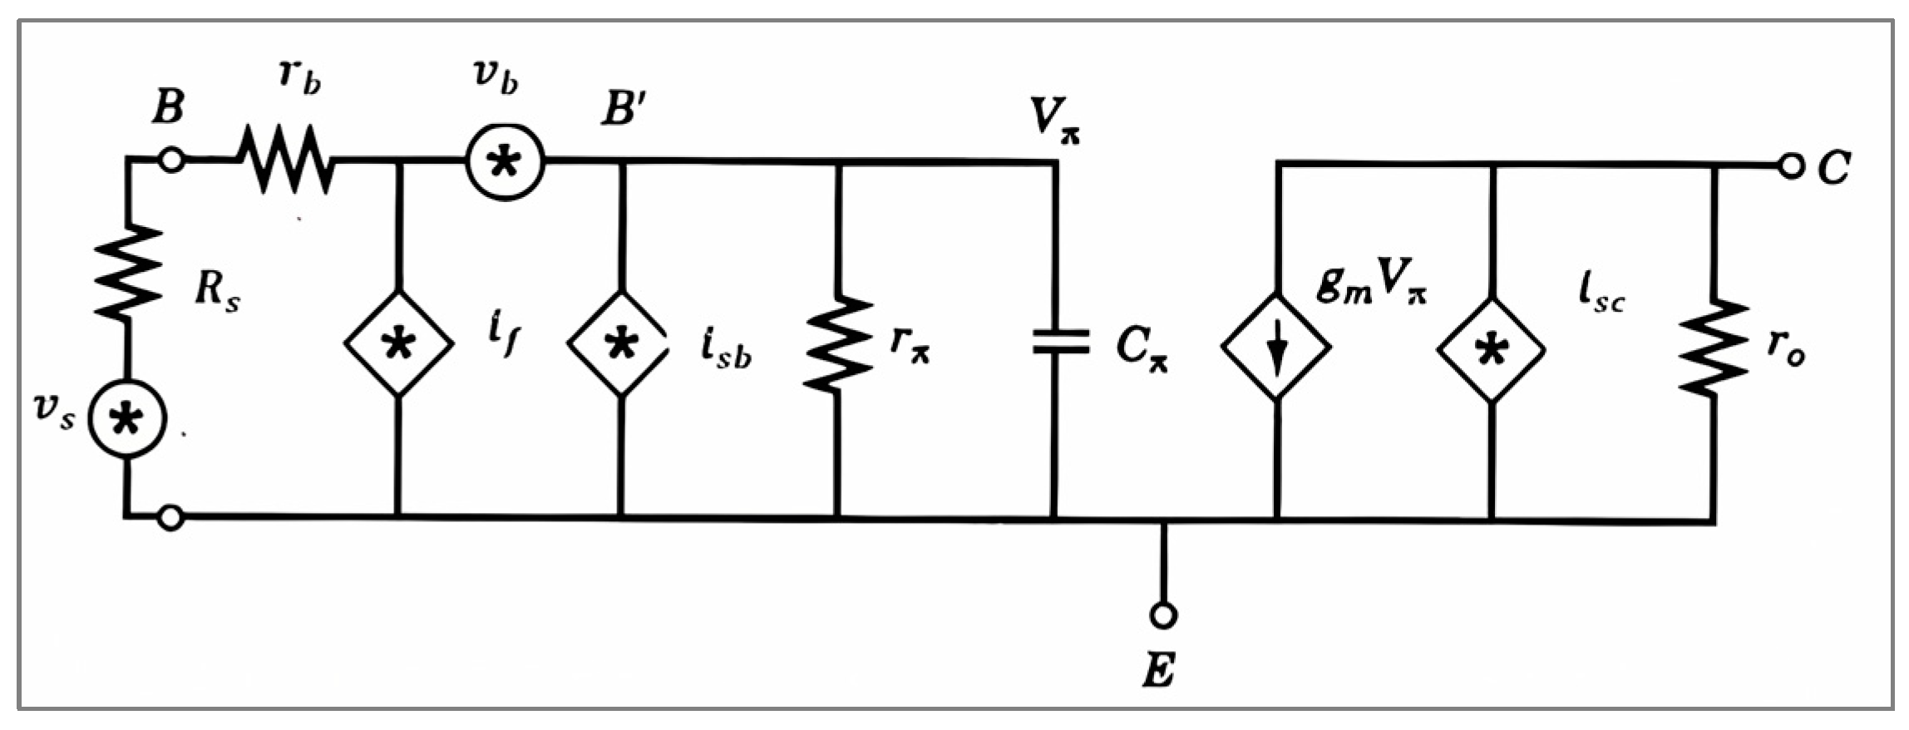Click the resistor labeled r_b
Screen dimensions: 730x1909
(286, 160)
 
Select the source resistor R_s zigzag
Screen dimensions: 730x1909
(128, 272)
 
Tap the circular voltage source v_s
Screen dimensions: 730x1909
(126, 420)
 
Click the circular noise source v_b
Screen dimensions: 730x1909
(505, 161)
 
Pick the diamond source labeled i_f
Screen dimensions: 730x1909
(399, 343)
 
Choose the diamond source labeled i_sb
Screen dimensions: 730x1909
(619, 343)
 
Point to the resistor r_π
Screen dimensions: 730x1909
(837, 343)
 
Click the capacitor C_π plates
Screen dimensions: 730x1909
(1059, 342)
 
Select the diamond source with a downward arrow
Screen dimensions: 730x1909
(1276, 346)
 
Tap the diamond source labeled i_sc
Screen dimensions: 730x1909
(1492, 349)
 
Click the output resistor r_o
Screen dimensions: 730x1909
(1713, 347)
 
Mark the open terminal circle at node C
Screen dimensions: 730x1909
(1791, 165)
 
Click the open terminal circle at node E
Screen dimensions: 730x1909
(1163, 615)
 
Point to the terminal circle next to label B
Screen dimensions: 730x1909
(171, 160)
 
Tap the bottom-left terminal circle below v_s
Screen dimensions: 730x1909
(170, 518)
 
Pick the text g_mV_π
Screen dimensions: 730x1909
(1372, 284)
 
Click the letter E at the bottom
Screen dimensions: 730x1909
(1160, 670)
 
